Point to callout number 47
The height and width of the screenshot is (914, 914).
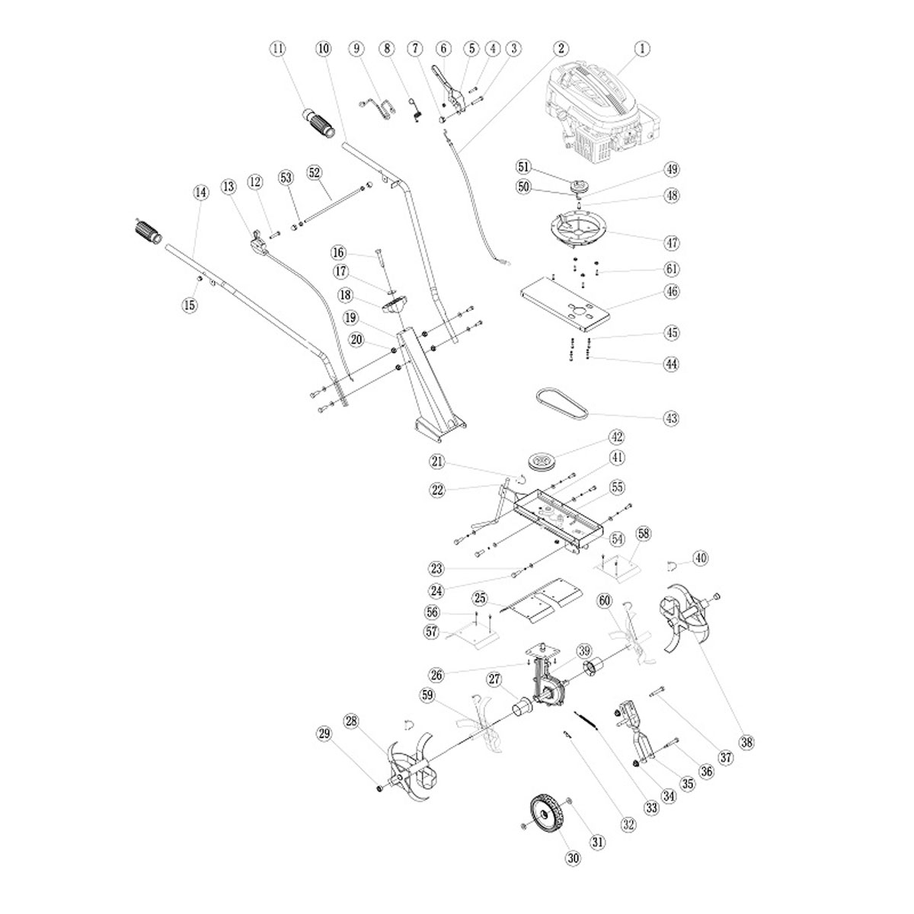[x=671, y=243]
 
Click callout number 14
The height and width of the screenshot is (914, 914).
[x=200, y=193]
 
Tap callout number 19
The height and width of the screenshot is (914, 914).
[x=350, y=317]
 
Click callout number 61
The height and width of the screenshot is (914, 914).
[x=671, y=269]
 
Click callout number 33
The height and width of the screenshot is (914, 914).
[x=650, y=808]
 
